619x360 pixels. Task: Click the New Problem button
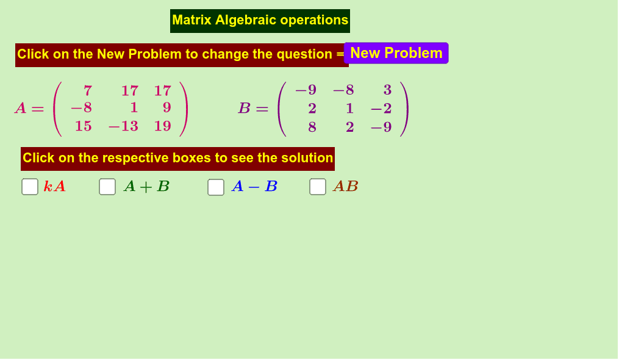[396, 53]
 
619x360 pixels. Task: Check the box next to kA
[30, 187]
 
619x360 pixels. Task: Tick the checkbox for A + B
[107, 187]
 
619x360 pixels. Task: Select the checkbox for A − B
[215, 187]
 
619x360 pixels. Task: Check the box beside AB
[317, 187]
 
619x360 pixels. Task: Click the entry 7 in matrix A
[88, 91]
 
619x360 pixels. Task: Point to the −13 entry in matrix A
[123, 126]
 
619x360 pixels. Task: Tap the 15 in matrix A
[84, 126]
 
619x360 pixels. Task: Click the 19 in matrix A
[163, 126]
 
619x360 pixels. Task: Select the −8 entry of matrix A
[81, 107]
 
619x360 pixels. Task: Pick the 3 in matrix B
[387, 90]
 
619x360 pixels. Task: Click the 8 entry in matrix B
[312, 128]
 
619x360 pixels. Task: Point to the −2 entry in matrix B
[381, 108]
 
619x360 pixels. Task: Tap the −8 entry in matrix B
[343, 90]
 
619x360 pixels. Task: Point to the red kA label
[54, 187]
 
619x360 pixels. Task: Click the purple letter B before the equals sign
[245, 108]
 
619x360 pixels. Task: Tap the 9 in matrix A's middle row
[166, 107]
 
